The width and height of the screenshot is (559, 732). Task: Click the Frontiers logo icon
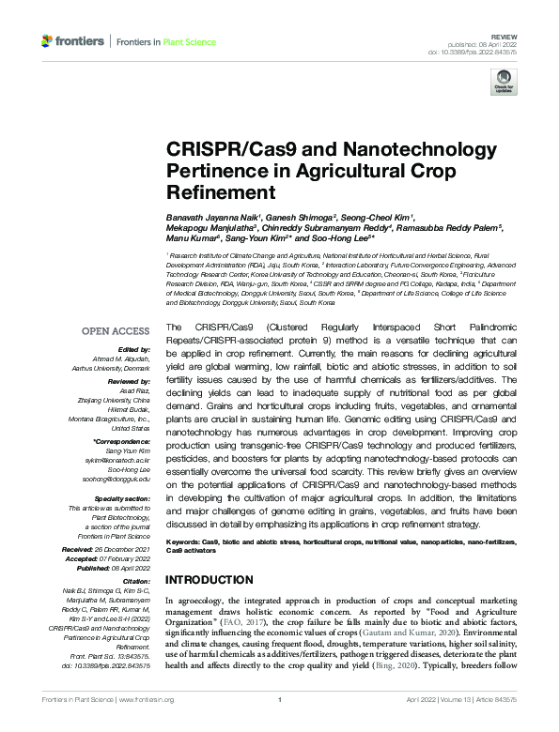[47, 41]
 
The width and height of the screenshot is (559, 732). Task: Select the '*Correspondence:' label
[123, 440]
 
